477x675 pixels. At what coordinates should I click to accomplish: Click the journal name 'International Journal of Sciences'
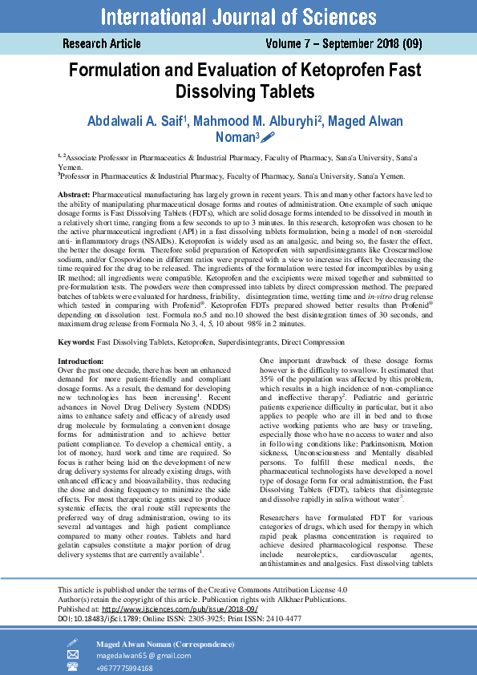pos(238,16)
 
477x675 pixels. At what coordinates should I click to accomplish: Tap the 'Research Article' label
pos(102,44)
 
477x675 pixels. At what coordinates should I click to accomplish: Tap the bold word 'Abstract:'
pos(75,196)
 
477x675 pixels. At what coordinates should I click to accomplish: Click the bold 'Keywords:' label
pos(77,342)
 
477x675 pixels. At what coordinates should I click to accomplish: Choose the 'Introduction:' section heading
pos(82,362)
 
